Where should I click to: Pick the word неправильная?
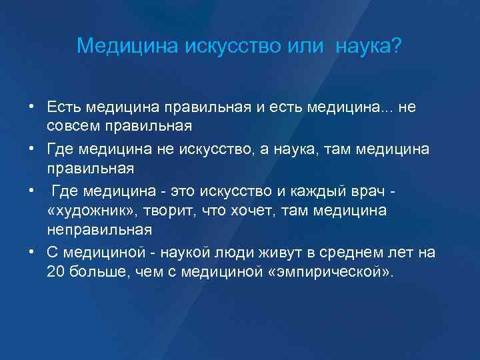[99, 229]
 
